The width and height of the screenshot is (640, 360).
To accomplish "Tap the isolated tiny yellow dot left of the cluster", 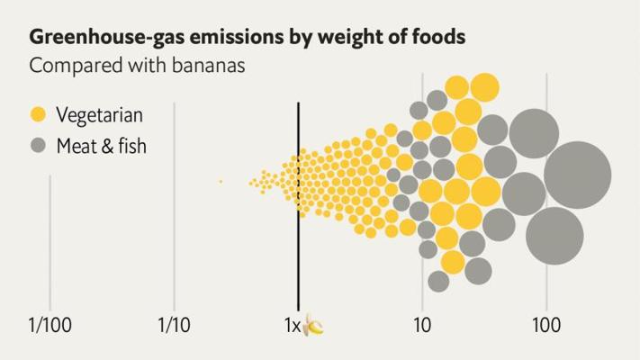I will (221, 182).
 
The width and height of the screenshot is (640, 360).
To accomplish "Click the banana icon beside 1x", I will (313, 325).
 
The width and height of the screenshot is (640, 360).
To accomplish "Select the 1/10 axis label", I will (173, 324).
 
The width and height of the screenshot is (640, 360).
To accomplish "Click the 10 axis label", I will (421, 324).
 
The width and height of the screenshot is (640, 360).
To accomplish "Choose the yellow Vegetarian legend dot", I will (38, 114).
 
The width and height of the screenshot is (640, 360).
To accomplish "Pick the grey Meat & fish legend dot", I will (38, 144).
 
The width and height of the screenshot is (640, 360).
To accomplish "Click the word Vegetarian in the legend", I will (99, 114).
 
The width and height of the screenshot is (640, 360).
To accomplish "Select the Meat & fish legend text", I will (101, 144).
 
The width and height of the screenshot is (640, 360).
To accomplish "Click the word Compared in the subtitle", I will (66, 66).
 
